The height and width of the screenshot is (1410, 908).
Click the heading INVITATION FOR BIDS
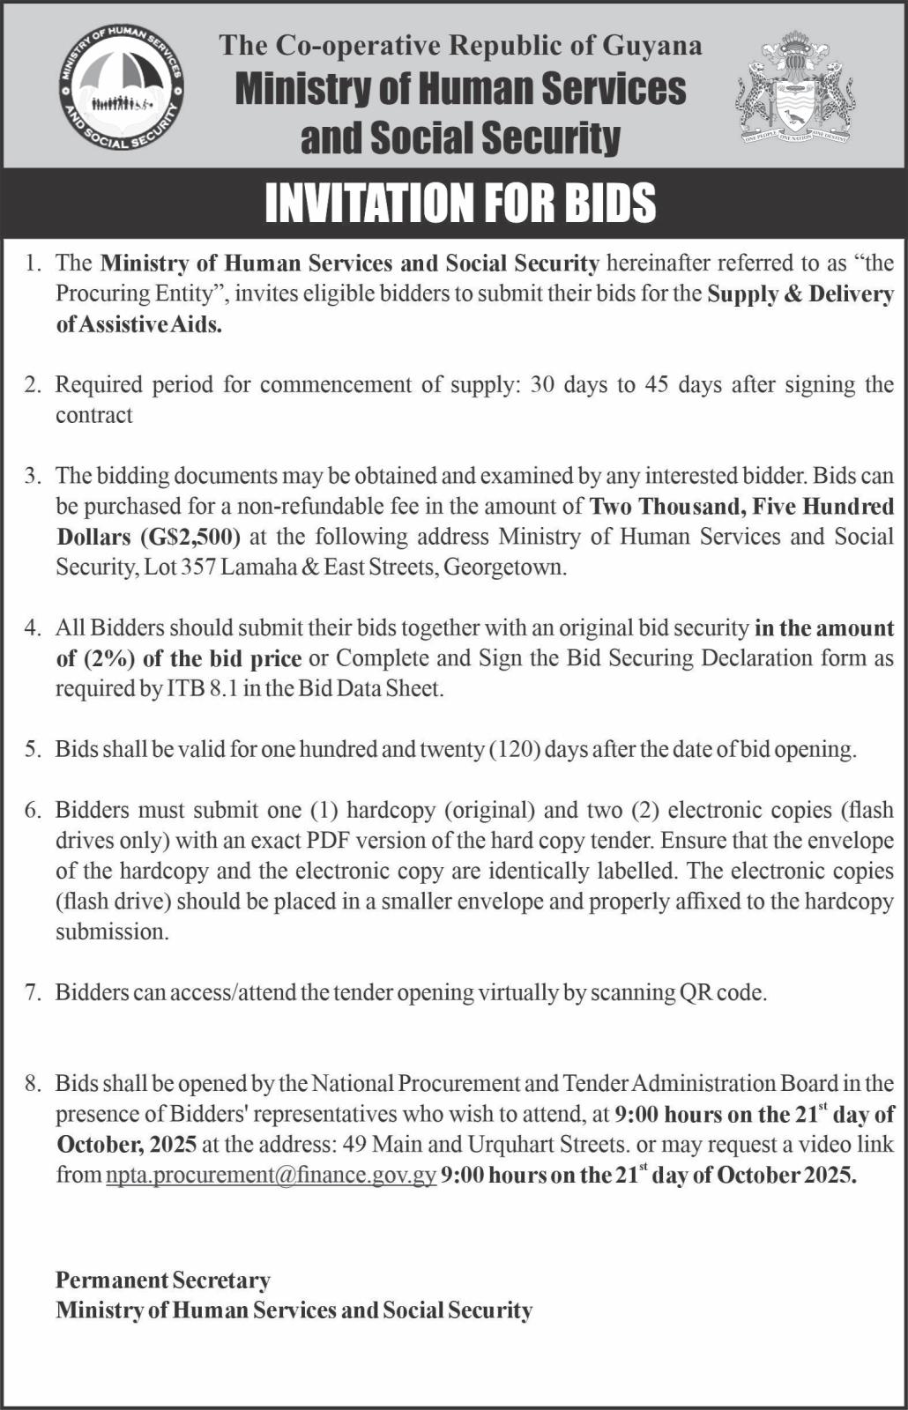pos(460,203)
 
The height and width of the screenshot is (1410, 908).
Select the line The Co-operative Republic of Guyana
pos(460,46)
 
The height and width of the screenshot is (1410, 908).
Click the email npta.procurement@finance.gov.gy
pos(272,1175)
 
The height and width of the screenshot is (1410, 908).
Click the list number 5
pos(33,750)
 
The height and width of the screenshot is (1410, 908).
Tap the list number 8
pos(33,1084)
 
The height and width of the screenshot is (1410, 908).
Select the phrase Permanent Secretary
pos(163,1280)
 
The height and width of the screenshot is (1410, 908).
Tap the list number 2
pos(33,385)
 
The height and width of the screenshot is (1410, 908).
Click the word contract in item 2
pos(94,415)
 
